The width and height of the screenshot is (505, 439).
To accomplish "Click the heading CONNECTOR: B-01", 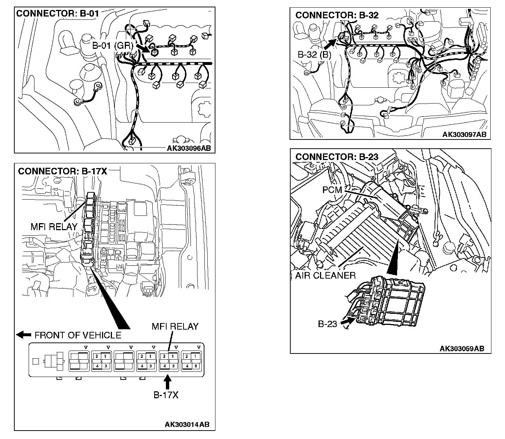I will [58, 14].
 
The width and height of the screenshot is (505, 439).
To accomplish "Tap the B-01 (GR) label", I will [112, 46].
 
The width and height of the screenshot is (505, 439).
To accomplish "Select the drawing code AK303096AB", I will [189, 148].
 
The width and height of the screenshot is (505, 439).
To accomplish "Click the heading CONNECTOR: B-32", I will [337, 15].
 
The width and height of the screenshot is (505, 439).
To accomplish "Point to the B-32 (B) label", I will [314, 55].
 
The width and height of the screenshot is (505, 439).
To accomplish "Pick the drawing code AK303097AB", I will [464, 134].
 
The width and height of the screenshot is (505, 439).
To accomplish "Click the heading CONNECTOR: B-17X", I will [62, 171].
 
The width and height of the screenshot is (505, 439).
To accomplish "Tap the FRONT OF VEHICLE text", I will [78, 335].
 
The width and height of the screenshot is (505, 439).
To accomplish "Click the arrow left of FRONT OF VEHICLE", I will [24, 334].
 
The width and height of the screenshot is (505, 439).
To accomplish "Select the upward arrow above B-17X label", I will [167, 382].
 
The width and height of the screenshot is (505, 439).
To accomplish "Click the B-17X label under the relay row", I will [166, 395].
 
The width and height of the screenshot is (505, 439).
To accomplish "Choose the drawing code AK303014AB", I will [187, 424].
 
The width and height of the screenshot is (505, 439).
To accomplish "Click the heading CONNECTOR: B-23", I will [337, 157].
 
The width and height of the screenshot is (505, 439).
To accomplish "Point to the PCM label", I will [332, 190].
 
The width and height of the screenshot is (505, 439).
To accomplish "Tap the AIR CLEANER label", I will [325, 275].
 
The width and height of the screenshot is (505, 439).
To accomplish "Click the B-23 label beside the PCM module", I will [327, 324].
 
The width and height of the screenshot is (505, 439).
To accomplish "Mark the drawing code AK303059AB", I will [462, 348].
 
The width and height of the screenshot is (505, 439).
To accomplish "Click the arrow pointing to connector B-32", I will [330, 43].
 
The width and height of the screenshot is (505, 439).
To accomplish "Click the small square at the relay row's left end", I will [36, 361].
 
